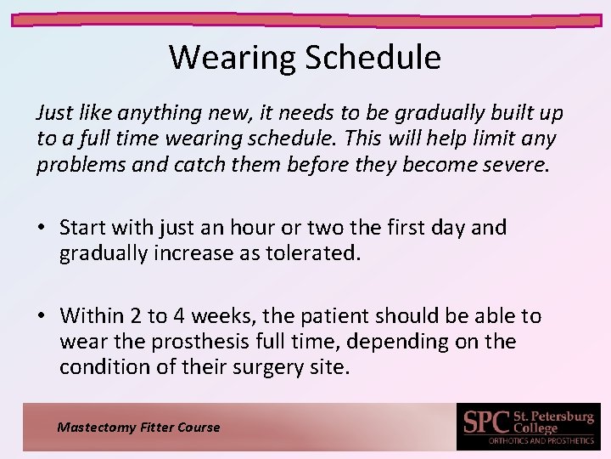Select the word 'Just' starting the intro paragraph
[53, 113]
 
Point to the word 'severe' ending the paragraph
[516, 165]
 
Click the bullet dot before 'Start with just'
[41, 228]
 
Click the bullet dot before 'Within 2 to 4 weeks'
[41, 316]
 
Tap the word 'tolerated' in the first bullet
[314, 253]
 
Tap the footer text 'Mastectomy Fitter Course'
[138, 428]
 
